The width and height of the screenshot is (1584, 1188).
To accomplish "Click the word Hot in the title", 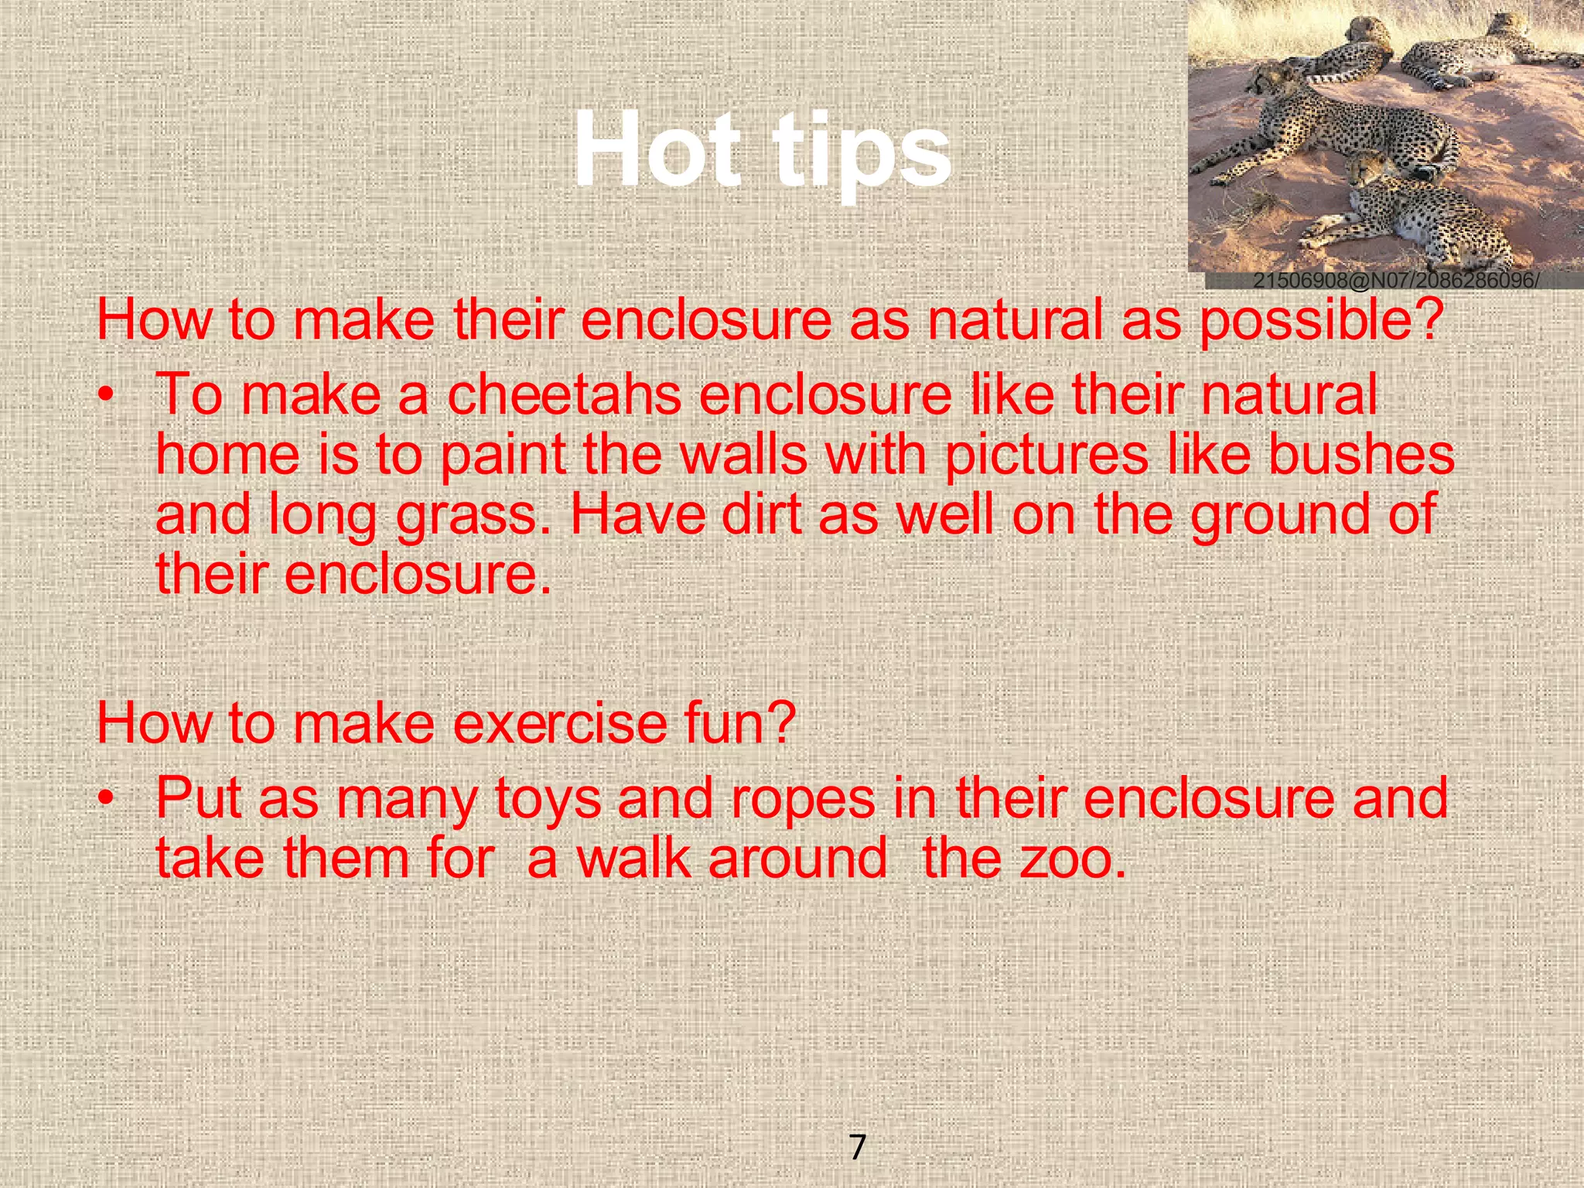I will point(657,149).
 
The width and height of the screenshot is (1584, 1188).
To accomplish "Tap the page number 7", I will point(857,1146).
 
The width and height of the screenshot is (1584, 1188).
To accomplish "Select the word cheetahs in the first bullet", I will point(564,394).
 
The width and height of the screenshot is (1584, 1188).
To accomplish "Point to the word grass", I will point(473,517).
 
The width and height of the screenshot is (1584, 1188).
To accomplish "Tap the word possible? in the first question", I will point(1321,322).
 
